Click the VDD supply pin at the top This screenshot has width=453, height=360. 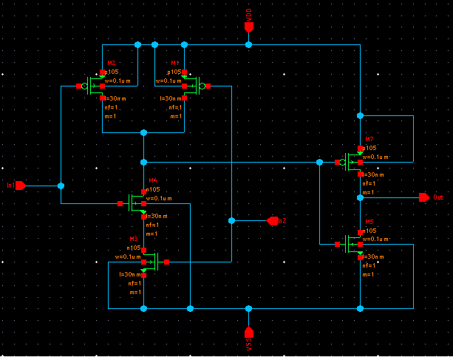coord(249,27)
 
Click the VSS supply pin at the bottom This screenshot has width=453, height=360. coord(249,332)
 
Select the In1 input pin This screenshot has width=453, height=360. coord(21,186)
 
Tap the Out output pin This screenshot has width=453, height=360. coord(423,197)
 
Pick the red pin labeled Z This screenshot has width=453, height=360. coord(273,220)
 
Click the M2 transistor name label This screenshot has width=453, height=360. coord(111,64)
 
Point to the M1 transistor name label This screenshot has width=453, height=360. coord(175,64)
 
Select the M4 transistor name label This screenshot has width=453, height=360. coord(153,180)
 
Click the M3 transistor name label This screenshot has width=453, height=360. coord(134,239)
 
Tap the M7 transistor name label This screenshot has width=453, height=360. coord(369,139)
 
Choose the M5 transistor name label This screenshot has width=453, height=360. coord(369,221)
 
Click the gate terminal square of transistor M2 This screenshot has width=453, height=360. coord(79,86)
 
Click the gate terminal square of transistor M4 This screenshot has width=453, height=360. coord(120,203)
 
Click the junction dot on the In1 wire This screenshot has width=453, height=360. coord(61,186)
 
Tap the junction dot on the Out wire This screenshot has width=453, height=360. coord(360,197)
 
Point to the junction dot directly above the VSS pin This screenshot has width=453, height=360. coord(249,308)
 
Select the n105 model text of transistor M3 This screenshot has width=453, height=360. coord(134,248)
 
